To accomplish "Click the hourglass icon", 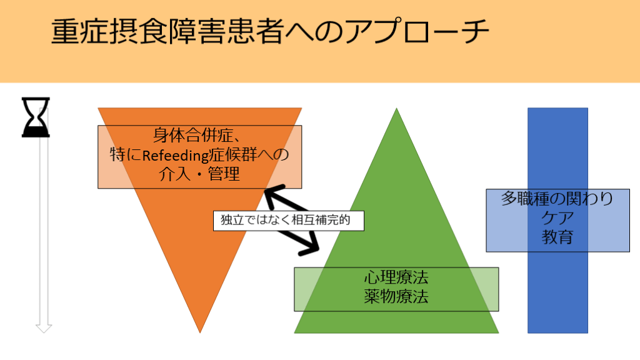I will (36, 116).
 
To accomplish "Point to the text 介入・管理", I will (200, 174).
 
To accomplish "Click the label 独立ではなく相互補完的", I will (288, 220).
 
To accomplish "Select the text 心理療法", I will (396, 277).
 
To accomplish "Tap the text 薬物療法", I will (396, 297).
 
